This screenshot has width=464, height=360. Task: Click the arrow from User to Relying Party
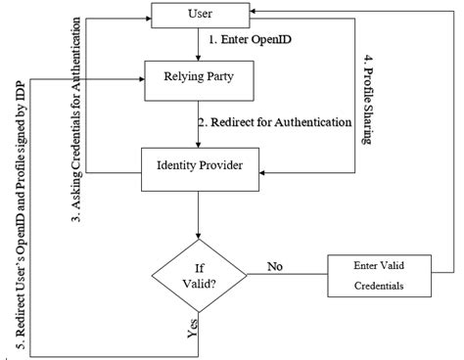click(201, 45)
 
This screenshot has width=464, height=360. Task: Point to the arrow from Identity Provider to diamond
click(201, 215)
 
